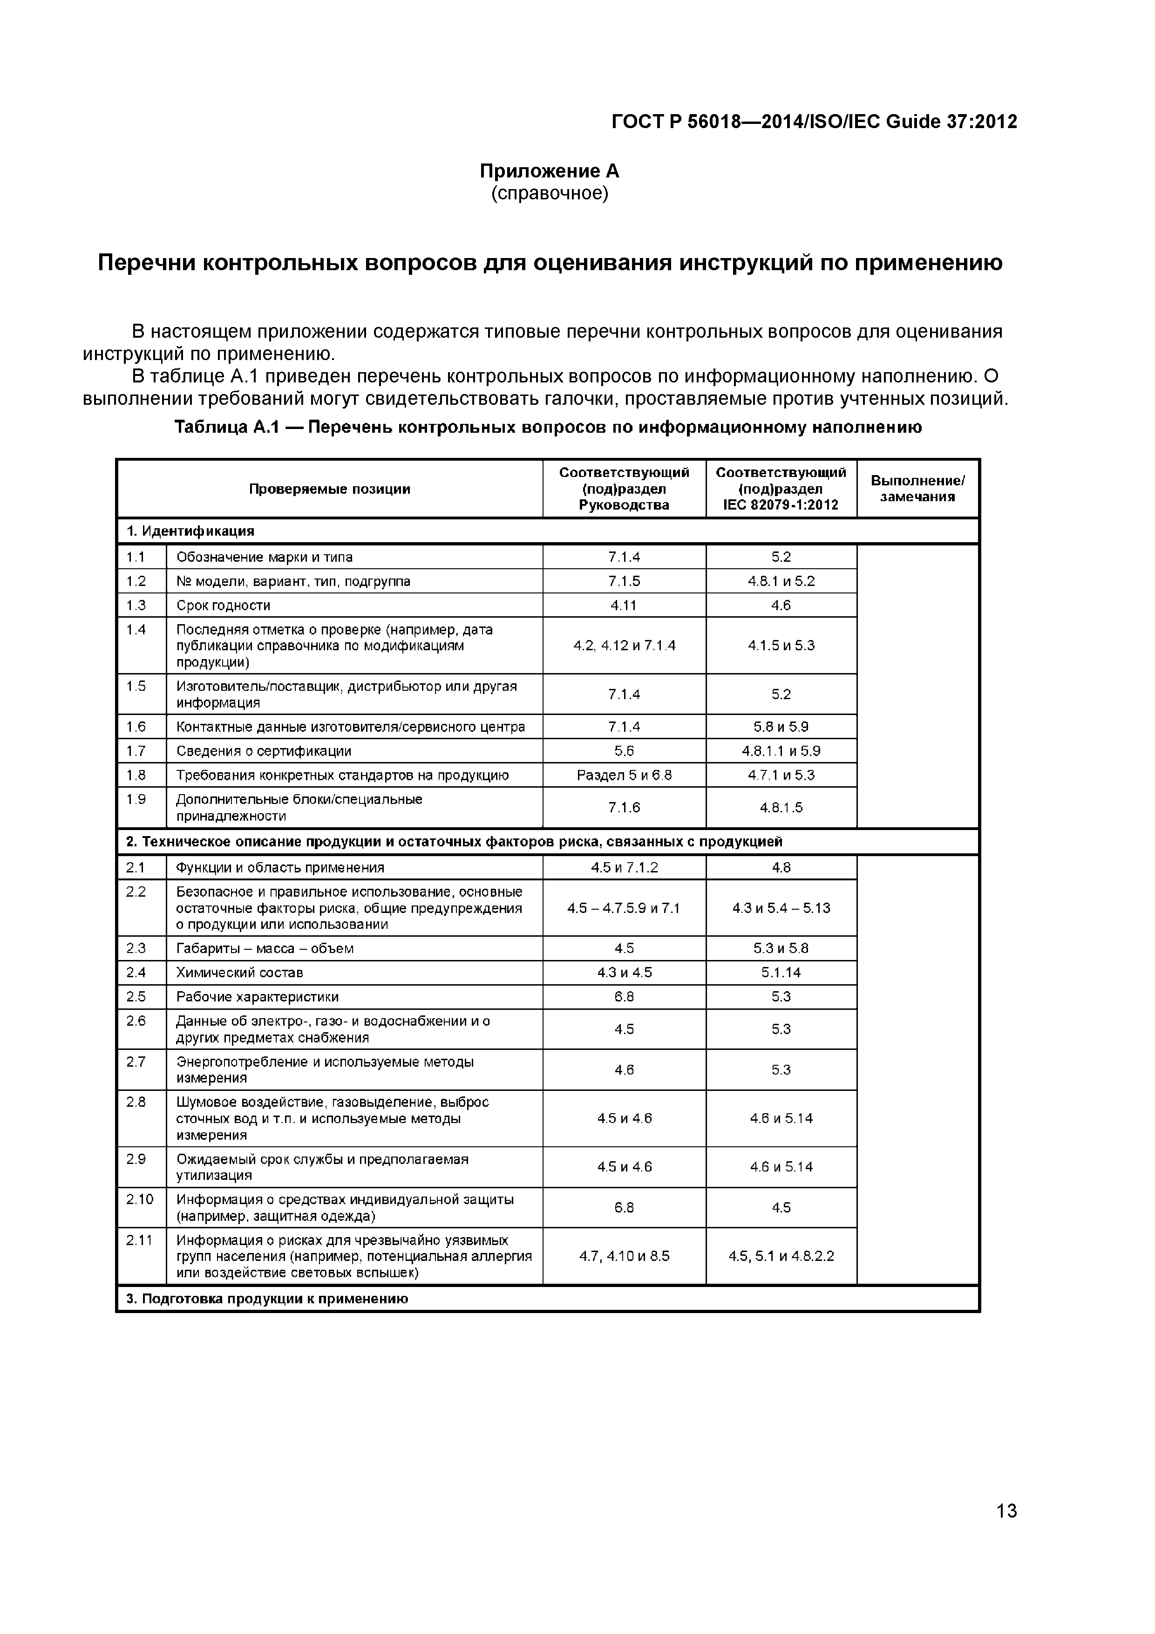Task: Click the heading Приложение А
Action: [x=550, y=171]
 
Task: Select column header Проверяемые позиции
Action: [x=329, y=489]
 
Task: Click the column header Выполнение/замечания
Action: [x=917, y=489]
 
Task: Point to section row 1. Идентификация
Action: [x=191, y=531]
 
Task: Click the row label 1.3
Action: [x=136, y=605]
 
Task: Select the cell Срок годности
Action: [x=224, y=606]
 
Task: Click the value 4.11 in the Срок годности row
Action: [x=624, y=606]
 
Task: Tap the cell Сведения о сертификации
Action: [x=264, y=751]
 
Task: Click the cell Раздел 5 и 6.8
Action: [x=624, y=775]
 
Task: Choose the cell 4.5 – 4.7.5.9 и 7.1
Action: [x=624, y=908]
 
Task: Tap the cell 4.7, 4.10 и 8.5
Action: [x=624, y=1256]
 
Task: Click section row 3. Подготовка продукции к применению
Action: [x=268, y=1299]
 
